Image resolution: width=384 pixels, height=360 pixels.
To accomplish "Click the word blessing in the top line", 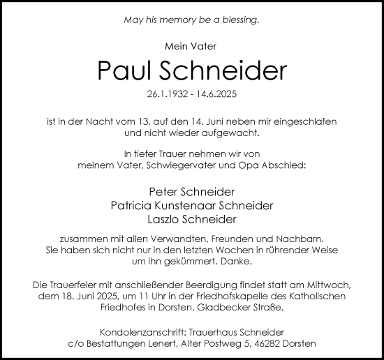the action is coord(239,20).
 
